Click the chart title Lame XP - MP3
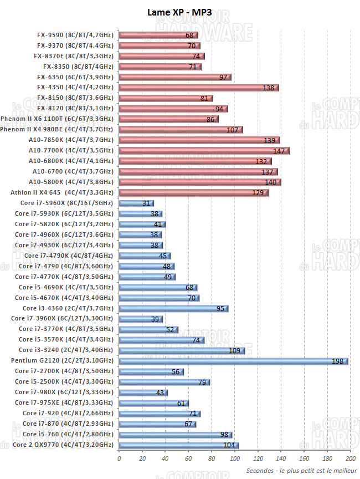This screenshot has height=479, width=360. tap(179, 12)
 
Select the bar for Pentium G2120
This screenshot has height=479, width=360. tap(233, 361)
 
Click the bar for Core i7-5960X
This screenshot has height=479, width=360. tap(136, 203)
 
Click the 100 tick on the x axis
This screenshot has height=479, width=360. tap(235, 458)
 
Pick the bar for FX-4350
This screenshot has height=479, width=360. tap(198, 88)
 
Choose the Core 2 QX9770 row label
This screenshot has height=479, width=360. tap(63, 445)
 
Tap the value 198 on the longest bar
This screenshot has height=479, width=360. tap(338, 361)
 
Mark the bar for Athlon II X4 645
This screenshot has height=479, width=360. tap(193, 193)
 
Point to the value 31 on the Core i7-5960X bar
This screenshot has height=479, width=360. tap(146, 203)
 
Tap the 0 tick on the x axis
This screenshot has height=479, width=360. tap(119, 458)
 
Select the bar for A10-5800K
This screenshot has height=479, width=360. tap(199, 182)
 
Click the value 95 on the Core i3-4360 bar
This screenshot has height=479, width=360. tap(220, 309)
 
